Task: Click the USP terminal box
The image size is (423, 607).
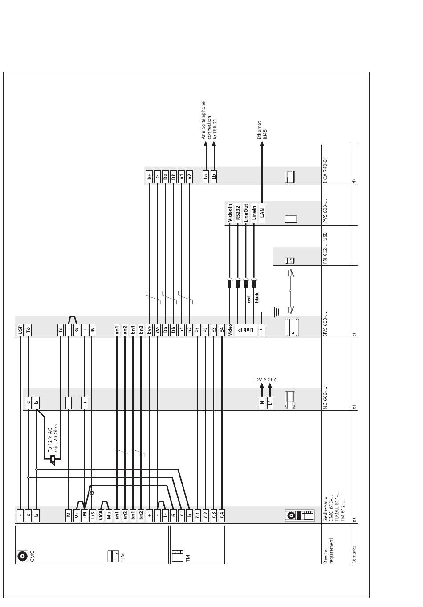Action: pyautogui.click(x=20, y=330)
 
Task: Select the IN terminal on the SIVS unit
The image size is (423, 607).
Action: pyautogui.click(x=93, y=330)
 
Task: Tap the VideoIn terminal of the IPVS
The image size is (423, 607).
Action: pyautogui.click(x=230, y=213)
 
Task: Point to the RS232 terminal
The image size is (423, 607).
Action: pyautogui.click(x=238, y=213)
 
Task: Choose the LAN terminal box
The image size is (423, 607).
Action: pyautogui.click(x=262, y=213)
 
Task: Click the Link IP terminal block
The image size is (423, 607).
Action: pyautogui.click(x=245, y=330)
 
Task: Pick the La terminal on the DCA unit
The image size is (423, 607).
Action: pyautogui.click(x=206, y=176)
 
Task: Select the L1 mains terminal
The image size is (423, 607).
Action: pyautogui.click(x=270, y=403)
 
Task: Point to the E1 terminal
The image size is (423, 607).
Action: pyautogui.click(x=197, y=330)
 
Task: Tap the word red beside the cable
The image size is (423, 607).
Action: pyautogui.click(x=249, y=299)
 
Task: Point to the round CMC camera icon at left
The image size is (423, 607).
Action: pyautogui.click(x=21, y=556)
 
